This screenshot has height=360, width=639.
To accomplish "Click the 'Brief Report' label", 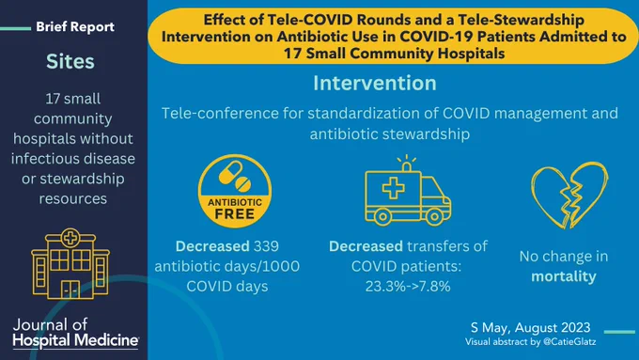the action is pyautogui.click(x=75, y=27).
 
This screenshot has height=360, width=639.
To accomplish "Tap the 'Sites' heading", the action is pyautogui.click(x=70, y=61).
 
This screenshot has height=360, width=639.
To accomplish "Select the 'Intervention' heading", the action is pyautogui.click(x=375, y=83).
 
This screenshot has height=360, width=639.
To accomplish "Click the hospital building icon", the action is pyautogui.click(x=70, y=264).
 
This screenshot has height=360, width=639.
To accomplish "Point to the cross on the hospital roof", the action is pyautogui.click(x=70, y=238).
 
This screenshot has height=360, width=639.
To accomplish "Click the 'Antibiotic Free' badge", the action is pyautogui.click(x=235, y=191).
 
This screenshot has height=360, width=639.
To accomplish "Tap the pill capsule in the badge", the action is pyautogui.click(x=230, y=172).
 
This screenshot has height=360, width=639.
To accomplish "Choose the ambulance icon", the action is pyautogui.click(x=408, y=190).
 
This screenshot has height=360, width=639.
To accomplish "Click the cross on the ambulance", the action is pyautogui.click(x=393, y=188).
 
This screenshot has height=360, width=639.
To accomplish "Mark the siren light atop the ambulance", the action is pyautogui.click(x=407, y=163).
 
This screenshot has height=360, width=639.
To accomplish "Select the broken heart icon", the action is pyautogui.click(x=569, y=195).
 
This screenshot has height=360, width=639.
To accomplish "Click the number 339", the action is pyautogui.click(x=266, y=246).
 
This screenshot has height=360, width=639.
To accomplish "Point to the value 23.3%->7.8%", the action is pyautogui.click(x=408, y=286).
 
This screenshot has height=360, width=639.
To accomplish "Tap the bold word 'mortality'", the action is pyautogui.click(x=564, y=276).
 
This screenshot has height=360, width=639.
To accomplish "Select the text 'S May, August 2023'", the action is pyautogui.click(x=531, y=327).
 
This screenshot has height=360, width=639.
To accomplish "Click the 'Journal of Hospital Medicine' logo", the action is pyautogui.click(x=76, y=333).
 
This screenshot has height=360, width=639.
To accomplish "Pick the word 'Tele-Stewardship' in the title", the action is pyautogui.click(x=521, y=20).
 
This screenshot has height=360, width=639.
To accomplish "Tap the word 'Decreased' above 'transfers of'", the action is pyautogui.click(x=366, y=246).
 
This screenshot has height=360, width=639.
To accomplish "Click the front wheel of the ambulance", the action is pyautogui.click(x=433, y=216).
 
